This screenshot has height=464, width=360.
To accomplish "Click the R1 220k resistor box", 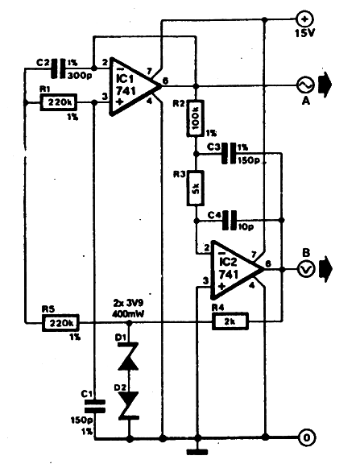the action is [x=59, y=102].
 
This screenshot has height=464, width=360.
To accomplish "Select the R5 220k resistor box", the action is [x=61, y=322].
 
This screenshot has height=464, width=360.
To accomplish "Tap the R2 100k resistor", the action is [x=196, y=118].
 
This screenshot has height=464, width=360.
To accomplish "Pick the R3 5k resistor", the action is [x=196, y=188].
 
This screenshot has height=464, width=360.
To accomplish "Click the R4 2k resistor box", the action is [x=230, y=321].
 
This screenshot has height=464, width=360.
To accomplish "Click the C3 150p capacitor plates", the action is [x=230, y=153].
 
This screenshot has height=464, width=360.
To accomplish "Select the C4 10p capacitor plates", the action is [x=230, y=220].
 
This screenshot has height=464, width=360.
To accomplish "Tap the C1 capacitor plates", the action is [x=95, y=406].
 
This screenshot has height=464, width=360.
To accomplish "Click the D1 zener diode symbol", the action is [x=129, y=356].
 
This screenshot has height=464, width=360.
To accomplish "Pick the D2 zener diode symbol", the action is [x=129, y=405].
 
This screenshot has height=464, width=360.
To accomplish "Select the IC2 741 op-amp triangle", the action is [x=238, y=270].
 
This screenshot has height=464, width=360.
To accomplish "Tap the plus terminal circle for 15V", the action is [x=304, y=19].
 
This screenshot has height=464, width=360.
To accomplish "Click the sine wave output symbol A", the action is [x=305, y=85].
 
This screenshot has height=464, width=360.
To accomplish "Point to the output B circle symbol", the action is [x=306, y=269].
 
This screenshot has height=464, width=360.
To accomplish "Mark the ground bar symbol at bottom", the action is [x=197, y=452].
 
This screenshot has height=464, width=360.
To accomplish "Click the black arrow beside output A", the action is [x=325, y=85].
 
